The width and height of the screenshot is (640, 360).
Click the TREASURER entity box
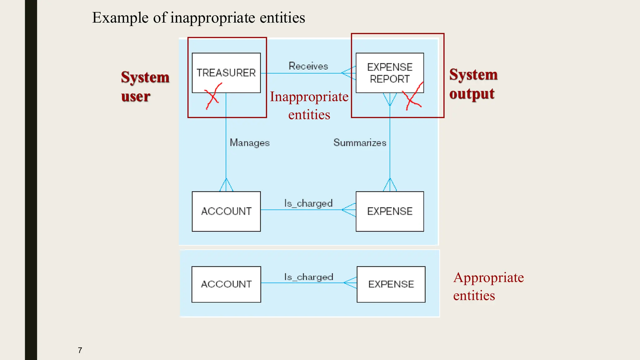tap(226, 72)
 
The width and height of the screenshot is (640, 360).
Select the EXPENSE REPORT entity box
tap(390, 72)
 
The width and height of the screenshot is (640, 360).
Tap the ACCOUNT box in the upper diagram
tap(226, 211)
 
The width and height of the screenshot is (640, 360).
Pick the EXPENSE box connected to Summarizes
tap(390, 211)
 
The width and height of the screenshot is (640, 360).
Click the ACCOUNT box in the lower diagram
tap(226, 284)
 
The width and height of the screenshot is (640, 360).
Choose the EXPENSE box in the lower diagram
tap(391, 284)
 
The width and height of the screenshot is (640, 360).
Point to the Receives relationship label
tap(308, 66)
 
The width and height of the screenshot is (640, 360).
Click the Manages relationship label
tap(249, 142)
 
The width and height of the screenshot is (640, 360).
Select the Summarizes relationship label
tap(360, 142)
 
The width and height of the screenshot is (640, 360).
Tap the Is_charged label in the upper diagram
tap(308, 203)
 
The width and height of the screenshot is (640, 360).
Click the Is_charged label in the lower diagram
tap(308, 277)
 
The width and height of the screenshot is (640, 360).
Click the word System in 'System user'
tap(145, 77)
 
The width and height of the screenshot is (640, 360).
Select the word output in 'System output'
tap(472, 94)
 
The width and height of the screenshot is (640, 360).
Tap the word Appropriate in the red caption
tap(488, 277)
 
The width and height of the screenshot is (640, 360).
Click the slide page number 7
tap(80, 350)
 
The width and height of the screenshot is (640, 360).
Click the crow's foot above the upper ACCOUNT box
tap(226, 185)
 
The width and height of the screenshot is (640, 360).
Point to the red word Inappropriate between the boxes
tap(309, 97)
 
